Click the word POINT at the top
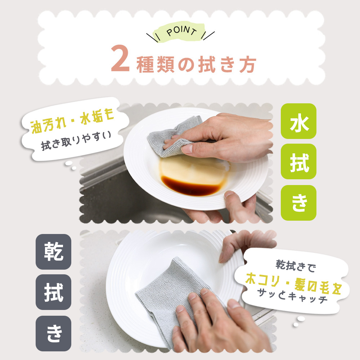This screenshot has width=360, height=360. [181, 32]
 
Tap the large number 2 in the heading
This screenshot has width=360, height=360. [120, 58]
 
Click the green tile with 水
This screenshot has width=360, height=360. [298, 121]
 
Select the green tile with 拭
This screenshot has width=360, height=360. [298, 161]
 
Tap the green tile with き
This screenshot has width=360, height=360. [298, 203]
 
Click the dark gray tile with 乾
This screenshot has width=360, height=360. [54, 252]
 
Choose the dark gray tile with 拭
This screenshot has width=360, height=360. [54, 292]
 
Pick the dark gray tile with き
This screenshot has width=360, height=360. [54, 333]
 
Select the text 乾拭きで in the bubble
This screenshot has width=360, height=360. [296, 266]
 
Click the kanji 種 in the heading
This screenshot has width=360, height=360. [145, 65]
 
